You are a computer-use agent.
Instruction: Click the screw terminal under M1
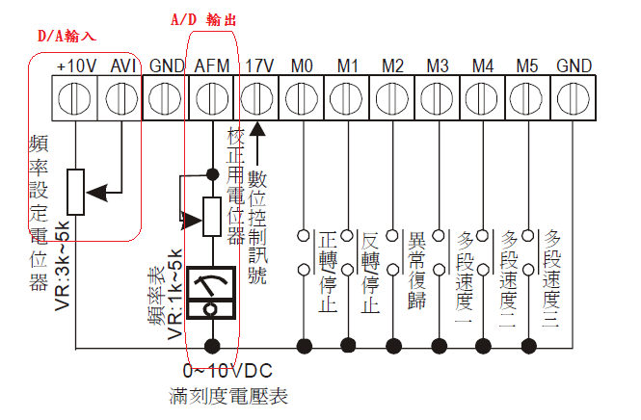pos(347,98)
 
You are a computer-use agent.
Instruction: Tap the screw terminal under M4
pos(483,98)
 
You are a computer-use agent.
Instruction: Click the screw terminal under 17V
pos(256,98)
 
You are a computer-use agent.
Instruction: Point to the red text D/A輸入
pos(67,36)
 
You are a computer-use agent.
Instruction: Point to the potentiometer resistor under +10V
pos(76,193)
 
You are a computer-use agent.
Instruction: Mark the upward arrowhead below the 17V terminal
pos(257,130)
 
